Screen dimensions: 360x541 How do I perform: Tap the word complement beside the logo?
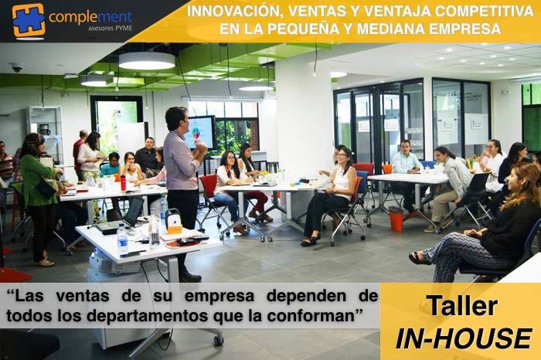90,16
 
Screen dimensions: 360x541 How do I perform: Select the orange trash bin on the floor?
396,219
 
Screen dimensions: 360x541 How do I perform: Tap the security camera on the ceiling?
16,68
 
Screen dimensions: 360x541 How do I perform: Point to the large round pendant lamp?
147,61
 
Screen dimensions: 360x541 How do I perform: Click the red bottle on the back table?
122,182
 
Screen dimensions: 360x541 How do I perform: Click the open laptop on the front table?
124,216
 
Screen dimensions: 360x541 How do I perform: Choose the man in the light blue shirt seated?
405,164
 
